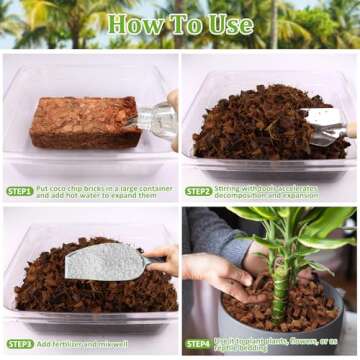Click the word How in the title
(x=134, y=24)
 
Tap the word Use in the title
(x=228, y=24)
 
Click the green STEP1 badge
(x=19, y=191)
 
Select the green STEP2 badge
(x=198, y=191)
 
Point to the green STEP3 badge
(x=19, y=344)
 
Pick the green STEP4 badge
(x=198, y=344)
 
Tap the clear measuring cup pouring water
(x=156, y=119)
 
